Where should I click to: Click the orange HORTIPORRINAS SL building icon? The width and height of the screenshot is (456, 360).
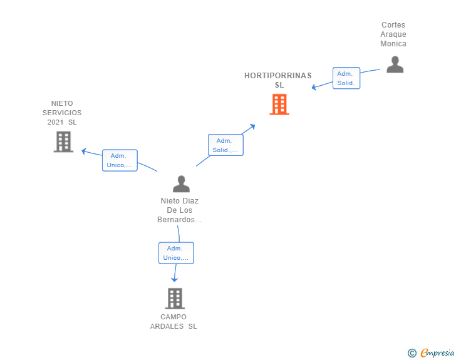(x=279, y=105)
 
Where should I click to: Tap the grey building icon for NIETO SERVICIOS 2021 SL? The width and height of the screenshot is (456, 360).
(x=63, y=142)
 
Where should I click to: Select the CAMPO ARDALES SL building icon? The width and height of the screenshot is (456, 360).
(x=175, y=299)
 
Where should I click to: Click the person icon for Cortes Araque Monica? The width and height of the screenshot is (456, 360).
(x=395, y=64)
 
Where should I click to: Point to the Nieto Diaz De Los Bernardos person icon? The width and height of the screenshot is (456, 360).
(x=181, y=184)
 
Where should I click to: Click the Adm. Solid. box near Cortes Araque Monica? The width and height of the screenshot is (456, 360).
(x=346, y=78)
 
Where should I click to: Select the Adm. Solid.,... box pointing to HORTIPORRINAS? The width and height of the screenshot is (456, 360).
(x=225, y=145)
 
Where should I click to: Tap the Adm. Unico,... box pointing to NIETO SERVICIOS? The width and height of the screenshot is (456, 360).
(x=120, y=160)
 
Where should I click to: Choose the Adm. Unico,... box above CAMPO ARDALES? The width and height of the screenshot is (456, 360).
(x=176, y=253)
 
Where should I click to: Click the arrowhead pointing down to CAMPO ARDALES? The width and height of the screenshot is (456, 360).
(x=174, y=279)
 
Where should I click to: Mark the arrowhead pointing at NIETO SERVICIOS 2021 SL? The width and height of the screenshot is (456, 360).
(x=84, y=152)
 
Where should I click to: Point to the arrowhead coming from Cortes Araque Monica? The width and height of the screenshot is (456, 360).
(x=314, y=87)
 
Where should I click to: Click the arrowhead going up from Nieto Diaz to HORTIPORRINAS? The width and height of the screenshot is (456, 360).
(x=252, y=127)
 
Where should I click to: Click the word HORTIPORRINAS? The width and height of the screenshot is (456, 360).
(x=278, y=76)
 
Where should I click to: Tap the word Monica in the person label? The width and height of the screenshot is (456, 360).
(x=393, y=44)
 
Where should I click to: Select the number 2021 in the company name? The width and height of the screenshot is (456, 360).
(x=55, y=122)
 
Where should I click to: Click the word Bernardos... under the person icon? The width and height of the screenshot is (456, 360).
(x=179, y=220)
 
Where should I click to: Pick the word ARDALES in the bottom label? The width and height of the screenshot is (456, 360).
(x=167, y=326)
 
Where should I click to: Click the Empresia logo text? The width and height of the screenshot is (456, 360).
(x=437, y=352)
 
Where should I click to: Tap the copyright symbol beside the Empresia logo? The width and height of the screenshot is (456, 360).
(x=412, y=353)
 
